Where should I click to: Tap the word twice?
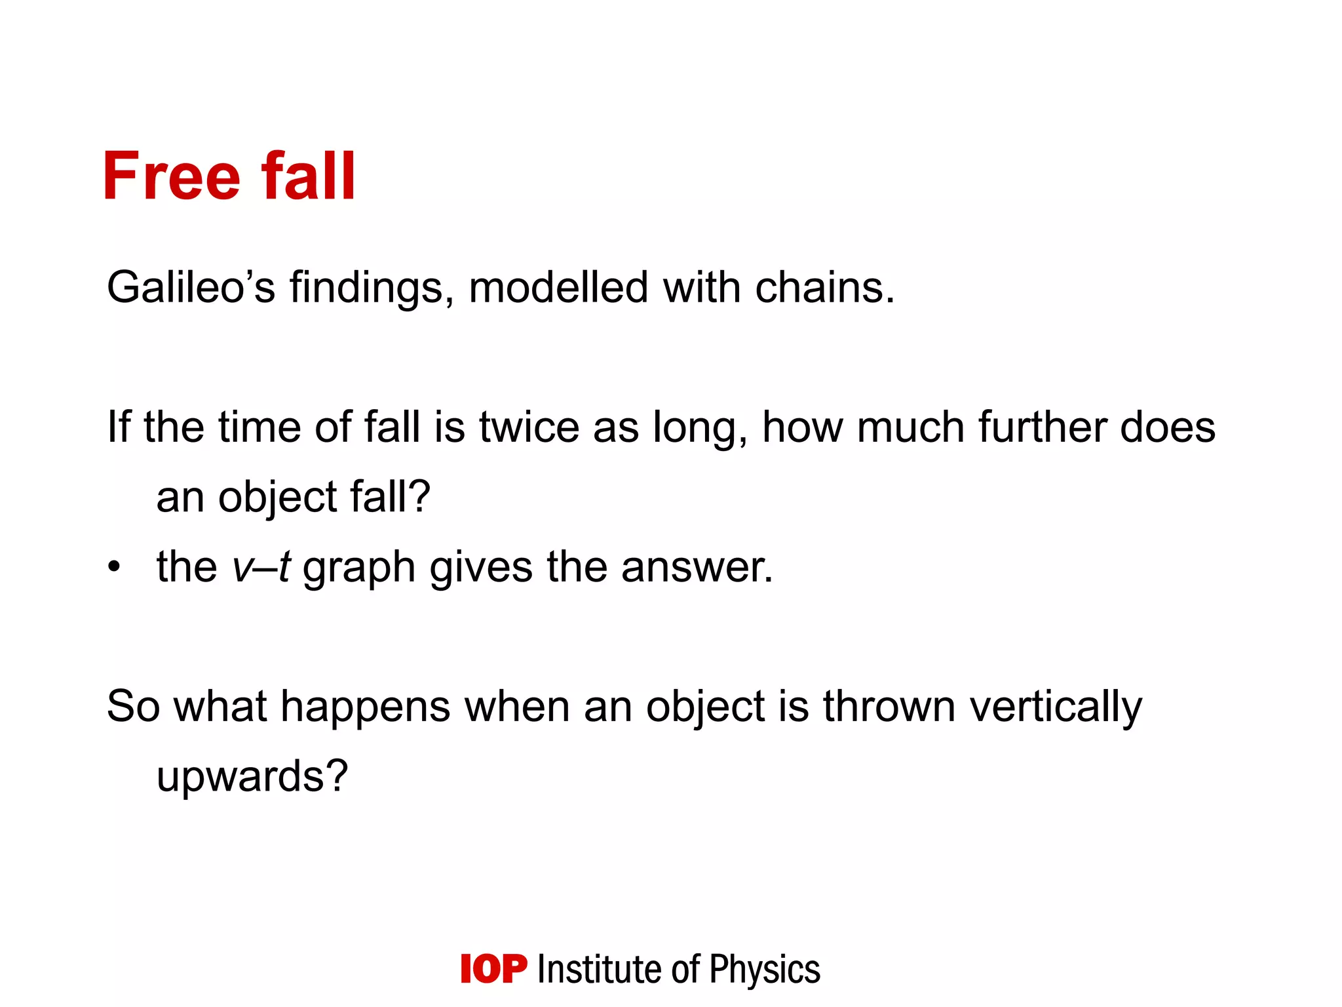[x=529, y=427]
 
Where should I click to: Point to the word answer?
[x=697, y=568]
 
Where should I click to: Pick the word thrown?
[x=889, y=707]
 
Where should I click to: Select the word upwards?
[x=252, y=778]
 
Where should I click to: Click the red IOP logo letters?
[x=493, y=969]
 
